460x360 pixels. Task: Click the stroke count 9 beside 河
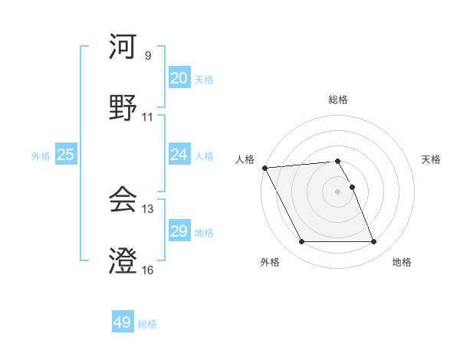coord(148,56)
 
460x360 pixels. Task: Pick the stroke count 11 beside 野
coord(148,117)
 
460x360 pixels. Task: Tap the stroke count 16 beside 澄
coord(148,270)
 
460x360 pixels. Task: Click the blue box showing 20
coord(179,78)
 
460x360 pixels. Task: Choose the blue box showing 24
coord(179,155)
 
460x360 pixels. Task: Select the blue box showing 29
coord(179,231)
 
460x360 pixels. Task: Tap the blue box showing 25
coord(65,155)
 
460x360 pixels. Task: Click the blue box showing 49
coord(123,322)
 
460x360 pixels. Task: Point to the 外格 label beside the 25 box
coord(41,155)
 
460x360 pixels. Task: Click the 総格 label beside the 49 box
coord(147,324)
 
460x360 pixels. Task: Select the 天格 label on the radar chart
coord(431,159)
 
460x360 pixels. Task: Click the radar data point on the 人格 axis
coord(264,168)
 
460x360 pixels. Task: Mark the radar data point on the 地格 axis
coord(373,242)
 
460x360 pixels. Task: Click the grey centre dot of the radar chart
coord(337,191)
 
